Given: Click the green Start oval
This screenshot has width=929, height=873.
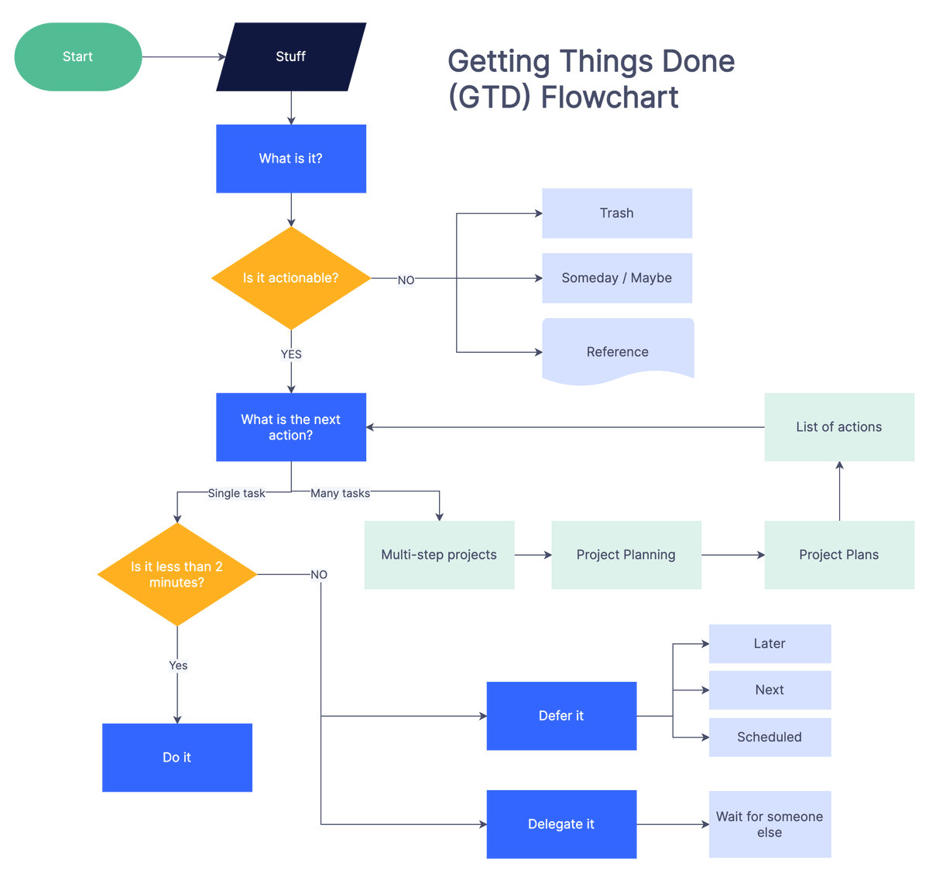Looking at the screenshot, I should tap(78, 56).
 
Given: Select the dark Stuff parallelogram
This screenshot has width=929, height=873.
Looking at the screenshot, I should tap(291, 56).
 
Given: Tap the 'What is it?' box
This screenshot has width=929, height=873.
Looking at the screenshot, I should tap(291, 159).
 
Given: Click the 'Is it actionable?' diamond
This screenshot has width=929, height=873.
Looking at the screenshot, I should tap(291, 278).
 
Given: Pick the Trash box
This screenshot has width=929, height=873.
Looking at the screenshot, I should tap(617, 213).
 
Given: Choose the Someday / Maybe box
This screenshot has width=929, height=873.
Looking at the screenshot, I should tap(617, 278).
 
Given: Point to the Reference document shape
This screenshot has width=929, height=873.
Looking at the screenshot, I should tap(618, 351).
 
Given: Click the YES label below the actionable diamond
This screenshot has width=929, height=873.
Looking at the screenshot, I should tap(291, 354).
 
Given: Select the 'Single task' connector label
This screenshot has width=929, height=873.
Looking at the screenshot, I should tap(236, 493).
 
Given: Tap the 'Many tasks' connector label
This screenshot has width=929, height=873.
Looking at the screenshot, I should tap(340, 493).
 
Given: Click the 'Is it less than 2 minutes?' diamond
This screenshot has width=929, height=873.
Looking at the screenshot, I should tap(177, 574).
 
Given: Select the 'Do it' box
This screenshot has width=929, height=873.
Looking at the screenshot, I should tap(177, 758).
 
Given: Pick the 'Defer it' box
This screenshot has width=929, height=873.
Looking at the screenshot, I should tap(561, 716).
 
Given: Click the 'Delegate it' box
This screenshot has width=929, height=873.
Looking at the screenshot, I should tap(561, 824).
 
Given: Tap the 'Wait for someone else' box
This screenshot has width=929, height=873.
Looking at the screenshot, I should tap(770, 824).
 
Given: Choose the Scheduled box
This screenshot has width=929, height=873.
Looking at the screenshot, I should tap(770, 737).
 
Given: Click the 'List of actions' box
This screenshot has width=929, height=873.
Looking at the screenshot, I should tap(839, 427).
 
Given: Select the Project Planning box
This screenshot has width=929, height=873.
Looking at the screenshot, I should tap(626, 555).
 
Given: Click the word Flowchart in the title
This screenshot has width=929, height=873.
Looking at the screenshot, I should tap(609, 98).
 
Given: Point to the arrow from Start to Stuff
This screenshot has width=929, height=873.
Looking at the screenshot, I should tap(183, 56).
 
